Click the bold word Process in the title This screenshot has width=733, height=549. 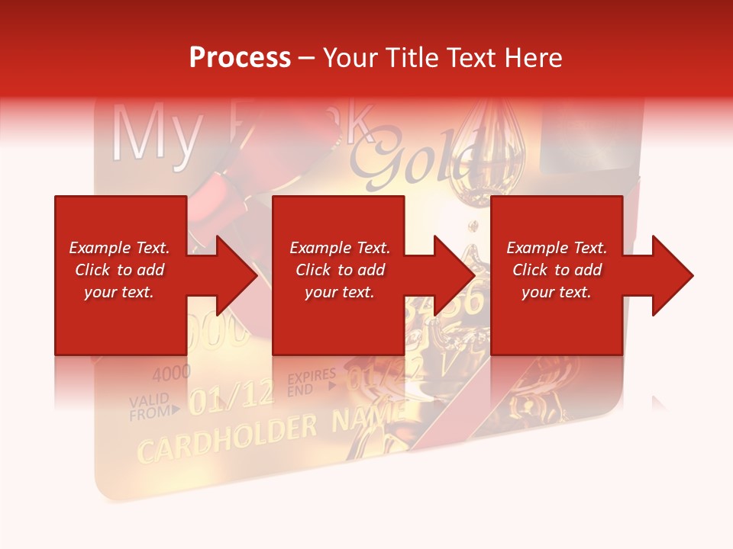pos(240,58)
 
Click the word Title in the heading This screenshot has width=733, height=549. pos(409,58)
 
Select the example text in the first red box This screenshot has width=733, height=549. pos(119,270)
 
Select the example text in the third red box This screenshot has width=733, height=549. pos(557,270)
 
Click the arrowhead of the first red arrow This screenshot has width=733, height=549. pos(237,275)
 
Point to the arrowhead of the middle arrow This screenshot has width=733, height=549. pos(454,275)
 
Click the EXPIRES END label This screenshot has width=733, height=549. pos(311,383)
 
